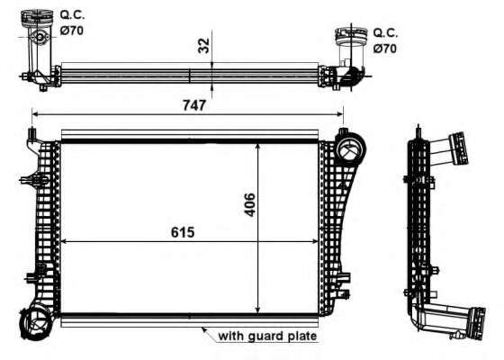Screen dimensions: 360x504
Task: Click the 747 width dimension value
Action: point(194,105)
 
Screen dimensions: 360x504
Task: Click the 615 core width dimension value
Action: point(184,232)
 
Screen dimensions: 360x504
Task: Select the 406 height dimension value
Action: point(250,207)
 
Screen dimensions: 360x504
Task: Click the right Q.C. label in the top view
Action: point(385,33)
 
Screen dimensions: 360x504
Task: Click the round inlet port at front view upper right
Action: point(349,146)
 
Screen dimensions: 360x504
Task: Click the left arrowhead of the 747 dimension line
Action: point(35,114)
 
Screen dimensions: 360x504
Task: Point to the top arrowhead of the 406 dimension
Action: point(260,145)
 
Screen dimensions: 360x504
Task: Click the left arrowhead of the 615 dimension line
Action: point(64,241)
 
